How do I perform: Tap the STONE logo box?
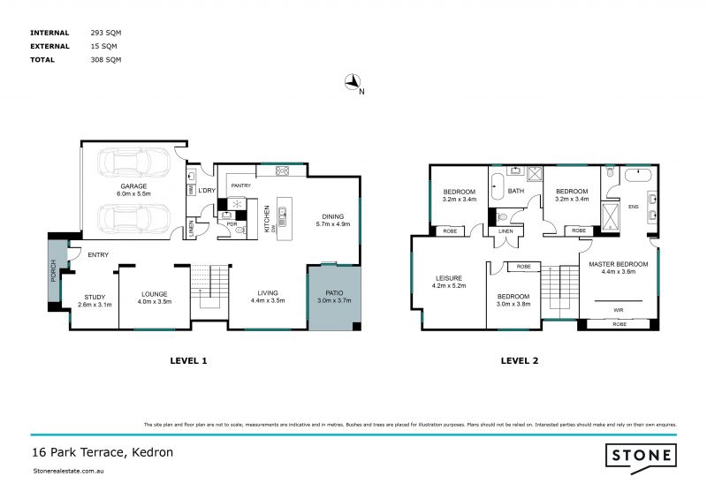[x=641, y=456]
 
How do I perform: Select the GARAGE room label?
[x=133, y=186]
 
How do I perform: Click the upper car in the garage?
[x=133, y=163]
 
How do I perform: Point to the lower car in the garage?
[x=133, y=216]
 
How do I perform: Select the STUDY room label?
[x=94, y=297]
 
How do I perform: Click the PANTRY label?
[x=240, y=186]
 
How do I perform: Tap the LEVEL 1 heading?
[x=187, y=360]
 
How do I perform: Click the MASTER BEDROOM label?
[x=619, y=263]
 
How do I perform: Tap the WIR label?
[x=619, y=310]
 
